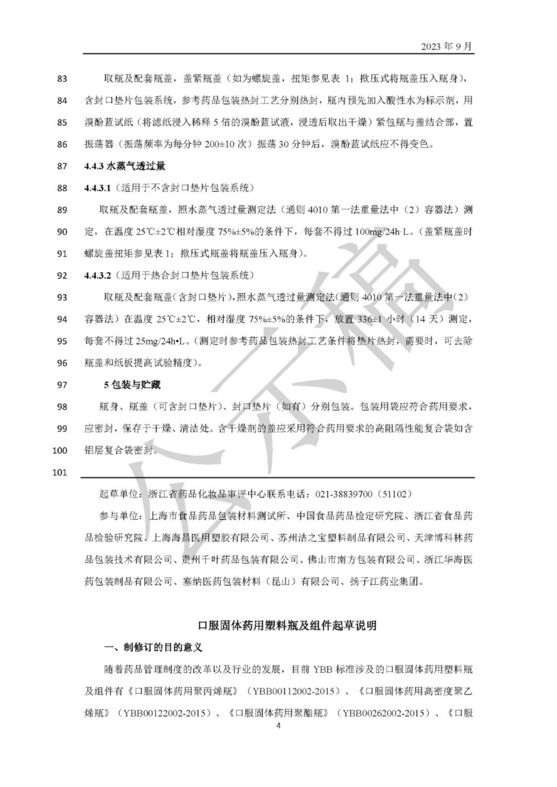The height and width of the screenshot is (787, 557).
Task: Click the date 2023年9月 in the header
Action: pos(446,47)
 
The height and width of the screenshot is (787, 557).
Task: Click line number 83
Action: pos(62,79)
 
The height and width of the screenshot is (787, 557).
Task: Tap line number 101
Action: pos(59,472)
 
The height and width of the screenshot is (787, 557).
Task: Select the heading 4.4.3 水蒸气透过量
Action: pos(125,166)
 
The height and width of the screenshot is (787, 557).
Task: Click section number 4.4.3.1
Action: pos(98,188)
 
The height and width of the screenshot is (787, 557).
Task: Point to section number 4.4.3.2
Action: pos(98,275)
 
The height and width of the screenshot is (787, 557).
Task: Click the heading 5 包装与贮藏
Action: pos(132,385)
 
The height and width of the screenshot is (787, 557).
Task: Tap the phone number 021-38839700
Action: pos(344,494)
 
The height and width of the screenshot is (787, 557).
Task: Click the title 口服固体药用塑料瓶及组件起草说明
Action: pos(287,625)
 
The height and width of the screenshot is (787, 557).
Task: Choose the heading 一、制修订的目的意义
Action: pos(153,647)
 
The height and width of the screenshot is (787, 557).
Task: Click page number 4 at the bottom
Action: pos(278,725)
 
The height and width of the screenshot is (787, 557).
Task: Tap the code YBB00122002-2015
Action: pos(161,713)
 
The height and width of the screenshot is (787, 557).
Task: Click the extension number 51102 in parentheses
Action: pos(395,494)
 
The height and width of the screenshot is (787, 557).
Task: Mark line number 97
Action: pos(62,385)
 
